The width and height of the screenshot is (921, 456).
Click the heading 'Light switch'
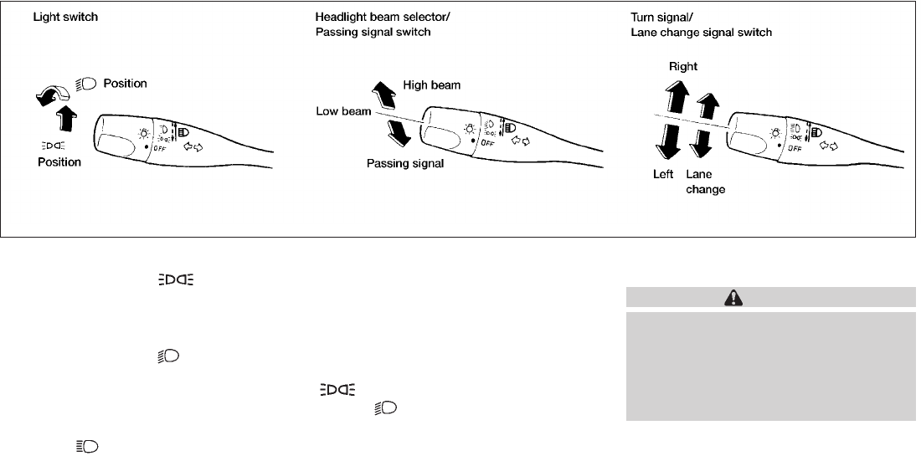point(65,18)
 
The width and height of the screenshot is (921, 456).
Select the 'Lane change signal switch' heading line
point(700,33)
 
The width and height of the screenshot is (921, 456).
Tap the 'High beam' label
point(431,85)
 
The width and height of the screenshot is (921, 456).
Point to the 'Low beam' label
point(343,111)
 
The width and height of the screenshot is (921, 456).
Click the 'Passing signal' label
point(405,164)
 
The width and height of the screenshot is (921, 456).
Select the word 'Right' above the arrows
point(682,66)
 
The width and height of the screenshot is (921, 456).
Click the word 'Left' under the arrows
point(664,175)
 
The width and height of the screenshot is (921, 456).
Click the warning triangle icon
point(770,297)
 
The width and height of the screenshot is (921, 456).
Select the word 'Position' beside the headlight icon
point(125,84)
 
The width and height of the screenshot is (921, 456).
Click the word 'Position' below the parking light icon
point(59,161)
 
